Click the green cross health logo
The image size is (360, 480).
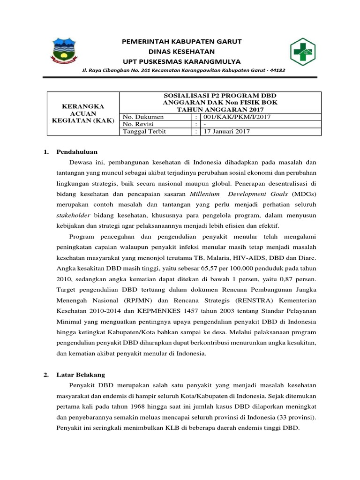(302, 51)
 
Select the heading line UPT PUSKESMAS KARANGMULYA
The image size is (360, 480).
(181, 61)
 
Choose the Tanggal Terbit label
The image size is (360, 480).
(144, 132)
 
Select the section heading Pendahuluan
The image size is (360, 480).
(77, 151)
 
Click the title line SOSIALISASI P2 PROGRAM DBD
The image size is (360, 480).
(220, 95)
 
